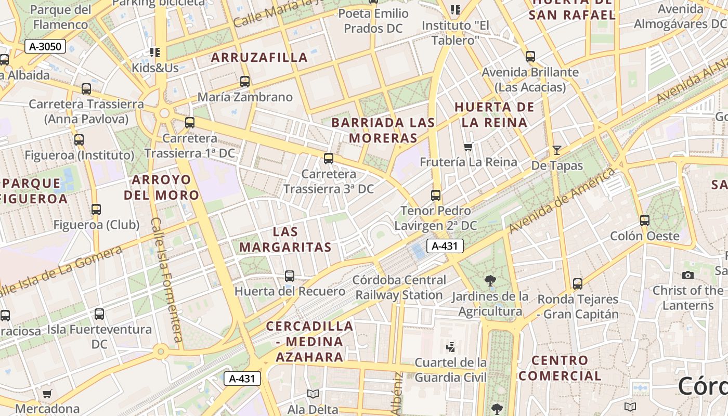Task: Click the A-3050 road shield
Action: tap(45, 47)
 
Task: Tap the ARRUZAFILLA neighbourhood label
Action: tap(259, 58)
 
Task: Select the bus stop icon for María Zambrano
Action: tap(245, 82)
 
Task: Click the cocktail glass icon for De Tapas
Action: tap(557, 150)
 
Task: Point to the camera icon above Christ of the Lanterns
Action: tap(688, 275)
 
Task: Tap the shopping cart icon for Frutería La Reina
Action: tap(468, 147)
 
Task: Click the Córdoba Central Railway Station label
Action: tap(398, 288)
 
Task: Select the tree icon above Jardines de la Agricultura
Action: tap(490, 281)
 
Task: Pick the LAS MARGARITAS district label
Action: tap(285, 239)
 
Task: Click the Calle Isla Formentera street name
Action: tap(165, 283)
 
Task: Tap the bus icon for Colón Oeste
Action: tap(645, 220)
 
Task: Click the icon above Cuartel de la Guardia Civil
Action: tap(451, 346)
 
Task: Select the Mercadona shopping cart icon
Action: tap(47, 394)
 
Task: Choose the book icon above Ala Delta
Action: tap(313, 394)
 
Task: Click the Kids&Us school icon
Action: tap(154, 53)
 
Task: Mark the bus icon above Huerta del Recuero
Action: tap(290, 276)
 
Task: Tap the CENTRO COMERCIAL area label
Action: tap(560, 368)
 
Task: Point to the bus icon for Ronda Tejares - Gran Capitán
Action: tap(578, 284)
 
